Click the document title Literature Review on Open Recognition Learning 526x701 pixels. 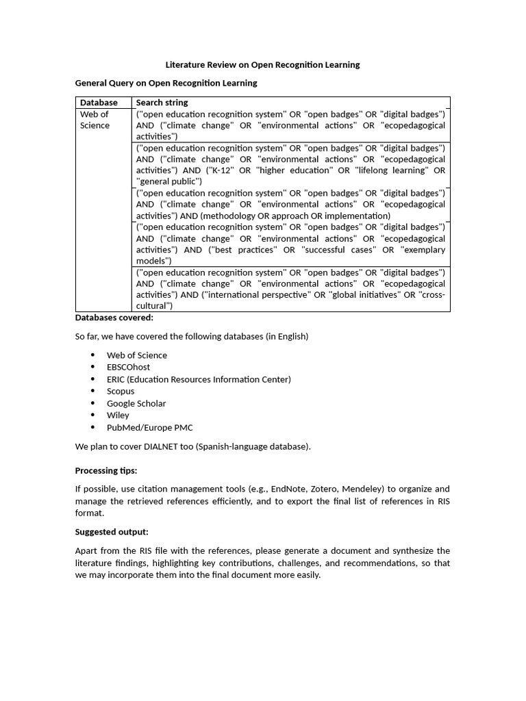[x=262, y=65]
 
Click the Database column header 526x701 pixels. [x=99, y=103]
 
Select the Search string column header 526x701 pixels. [x=162, y=103]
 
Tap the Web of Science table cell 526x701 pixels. [x=95, y=120]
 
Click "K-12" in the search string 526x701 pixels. [x=219, y=170]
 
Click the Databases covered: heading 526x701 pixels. [x=114, y=318]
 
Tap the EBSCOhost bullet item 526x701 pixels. [x=128, y=367]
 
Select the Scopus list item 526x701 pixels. [x=121, y=391]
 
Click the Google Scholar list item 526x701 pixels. [x=136, y=403]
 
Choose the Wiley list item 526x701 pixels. [x=118, y=415]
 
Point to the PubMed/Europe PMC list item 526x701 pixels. [x=149, y=427]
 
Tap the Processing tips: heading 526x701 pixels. [x=105, y=471]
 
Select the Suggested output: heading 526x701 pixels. [x=111, y=532]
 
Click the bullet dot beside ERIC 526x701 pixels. [x=92, y=379]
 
